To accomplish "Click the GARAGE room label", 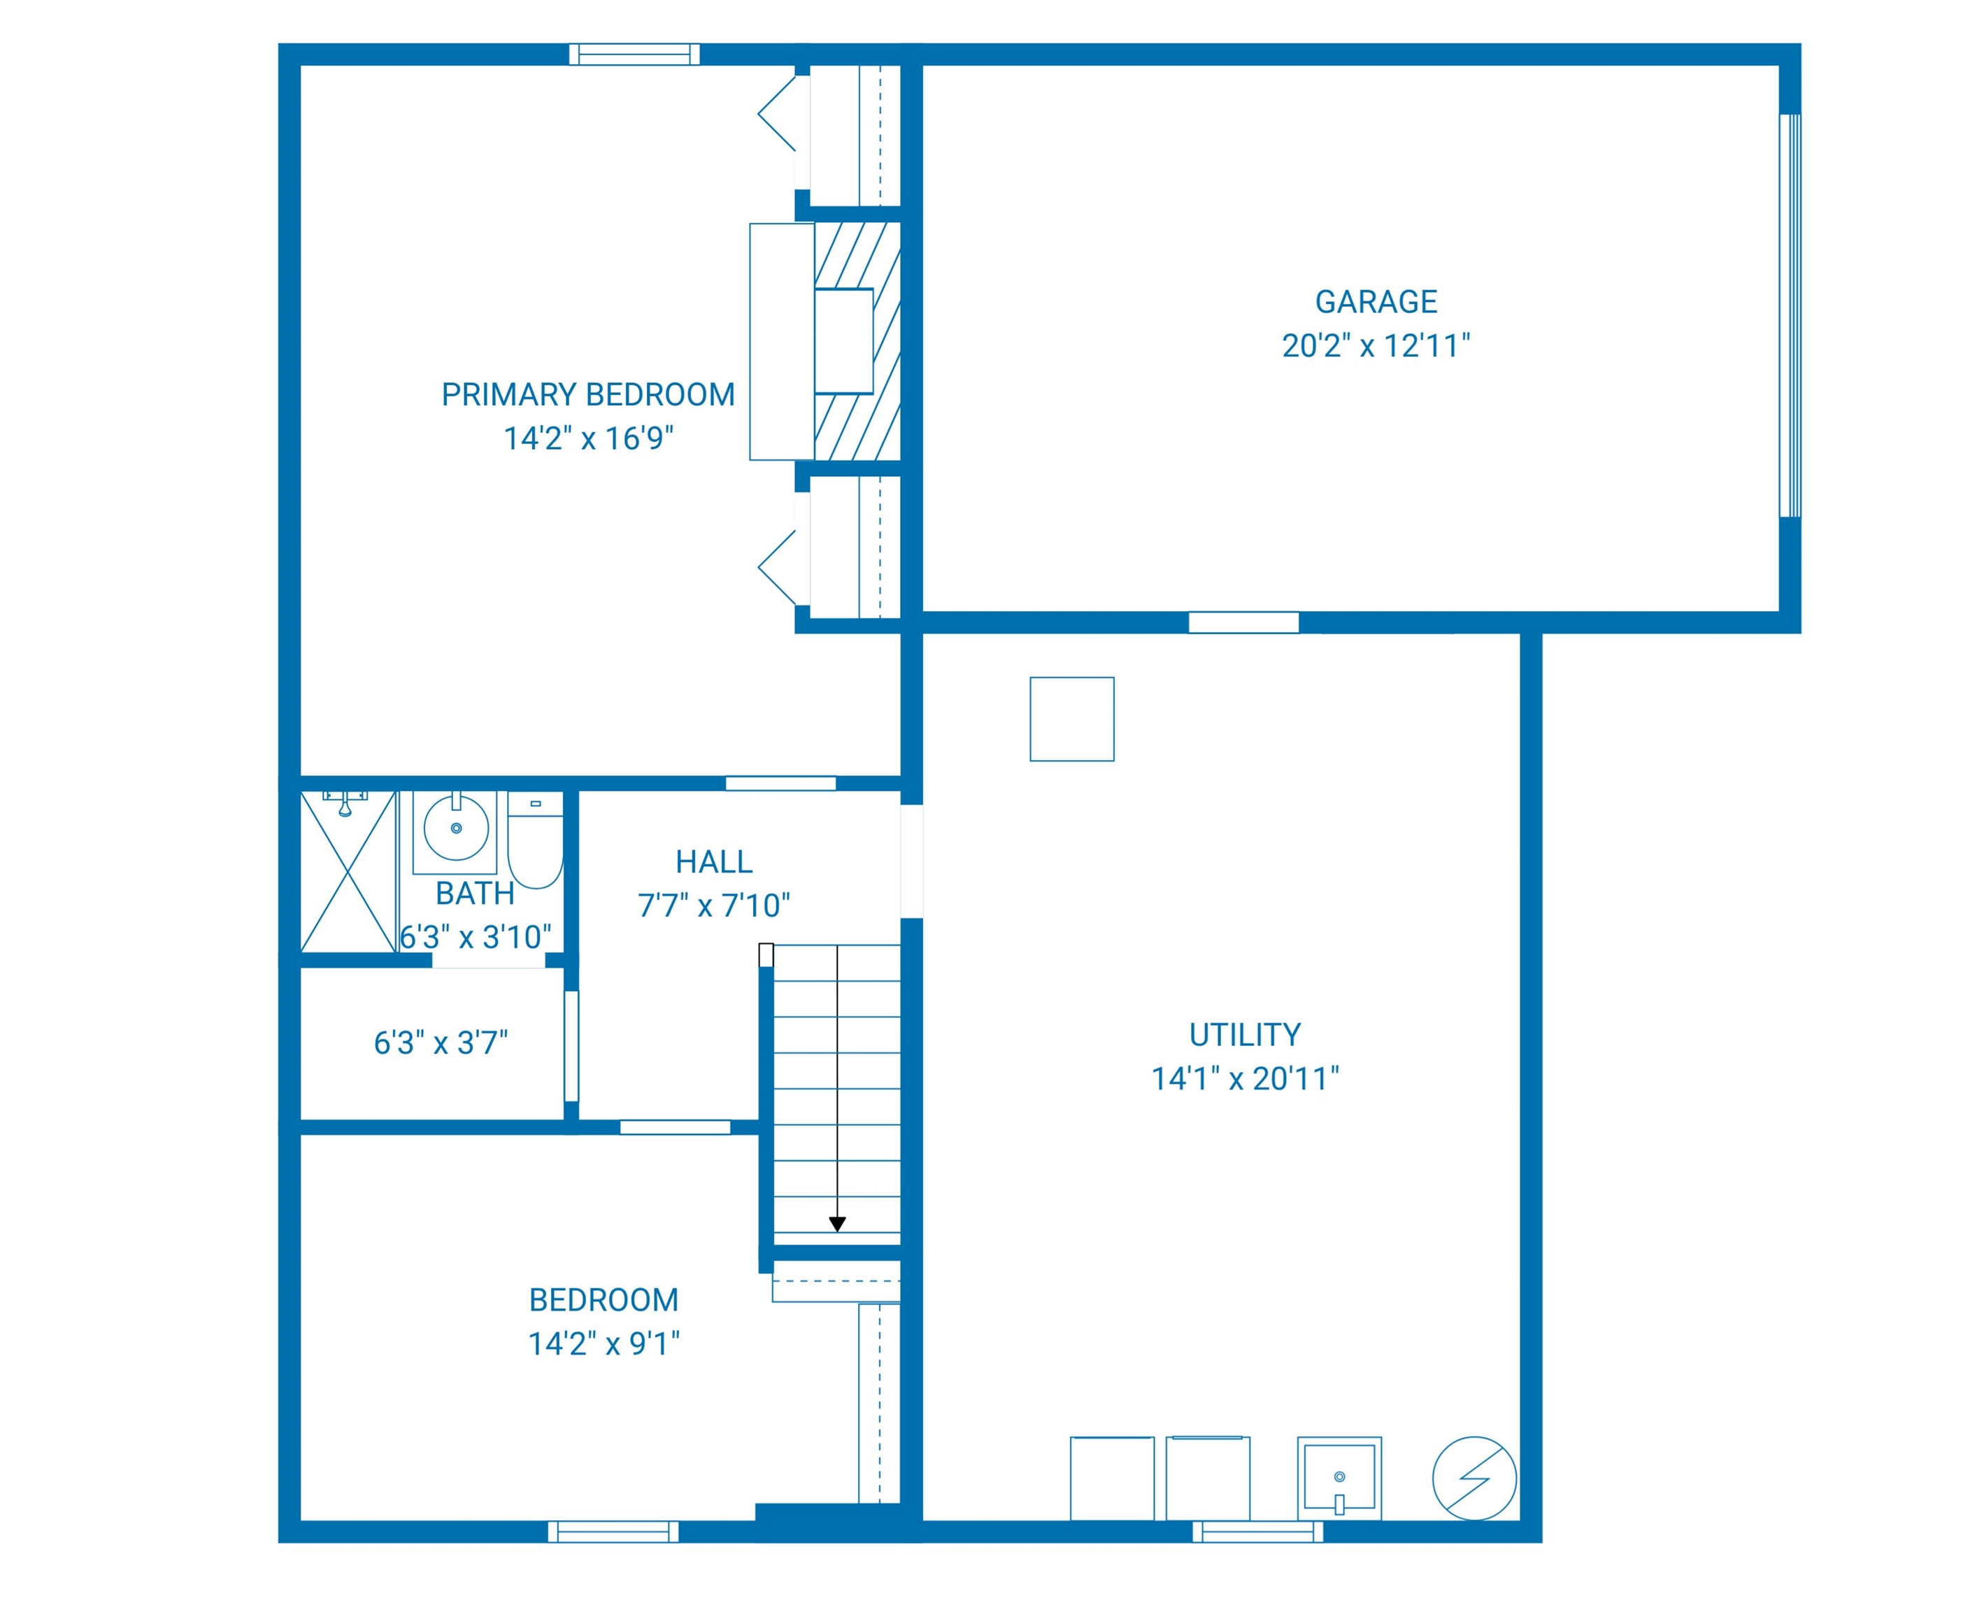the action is [x=1376, y=301].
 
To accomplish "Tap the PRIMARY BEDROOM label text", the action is [x=588, y=394].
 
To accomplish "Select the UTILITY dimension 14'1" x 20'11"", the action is [x=1245, y=1078].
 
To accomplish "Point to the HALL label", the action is [x=713, y=862].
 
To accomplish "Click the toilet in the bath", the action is [x=536, y=840].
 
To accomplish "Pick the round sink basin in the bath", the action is [x=456, y=828].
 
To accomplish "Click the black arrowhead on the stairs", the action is [x=837, y=1225].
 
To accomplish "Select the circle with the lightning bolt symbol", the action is [x=1474, y=1478].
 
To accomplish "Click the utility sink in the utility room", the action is [x=1339, y=1478].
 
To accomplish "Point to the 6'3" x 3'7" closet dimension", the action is [x=441, y=1043].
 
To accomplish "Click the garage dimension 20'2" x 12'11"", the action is [x=1376, y=346].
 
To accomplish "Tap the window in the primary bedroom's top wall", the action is [x=635, y=55].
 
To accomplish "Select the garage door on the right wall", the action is [x=1790, y=315].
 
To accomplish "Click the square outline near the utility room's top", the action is [x=1072, y=719].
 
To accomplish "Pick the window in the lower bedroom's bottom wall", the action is [x=613, y=1531].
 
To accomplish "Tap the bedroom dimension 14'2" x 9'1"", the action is [x=604, y=1344].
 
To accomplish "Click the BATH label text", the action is [x=475, y=894].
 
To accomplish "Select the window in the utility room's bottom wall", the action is [x=1257, y=1531].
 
